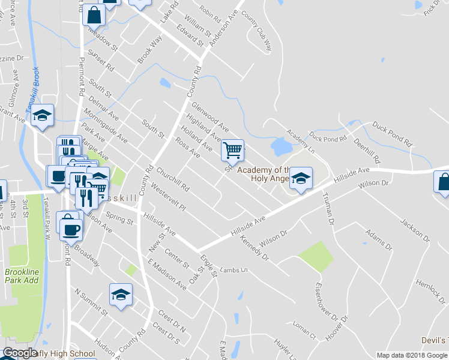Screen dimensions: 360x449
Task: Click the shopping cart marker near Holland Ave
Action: point(232,149)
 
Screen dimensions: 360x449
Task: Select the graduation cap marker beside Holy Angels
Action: point(301,178)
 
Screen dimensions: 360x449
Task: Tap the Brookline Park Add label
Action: point(22,276)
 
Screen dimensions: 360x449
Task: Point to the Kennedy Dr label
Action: point(255,248)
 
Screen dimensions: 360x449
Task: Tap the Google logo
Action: point(20,353)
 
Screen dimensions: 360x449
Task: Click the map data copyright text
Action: point(412,355)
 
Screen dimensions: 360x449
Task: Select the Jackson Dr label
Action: point(415,230)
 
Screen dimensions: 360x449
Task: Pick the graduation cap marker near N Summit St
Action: point(121,295)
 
